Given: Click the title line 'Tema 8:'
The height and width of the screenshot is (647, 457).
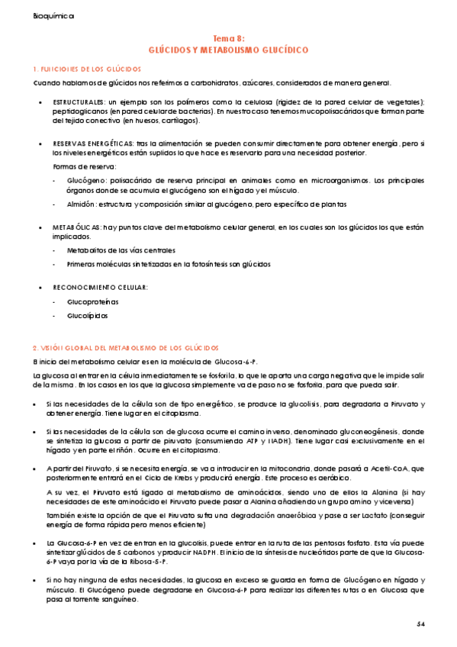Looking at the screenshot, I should tap(228, 37).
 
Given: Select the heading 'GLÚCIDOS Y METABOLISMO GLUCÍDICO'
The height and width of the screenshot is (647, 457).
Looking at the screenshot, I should tap(228, 49).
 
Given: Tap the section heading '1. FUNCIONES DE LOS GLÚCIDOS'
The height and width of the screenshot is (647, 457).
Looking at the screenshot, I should tap(82, 69).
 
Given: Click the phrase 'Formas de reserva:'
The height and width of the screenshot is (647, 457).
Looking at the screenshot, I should tap(84, 166).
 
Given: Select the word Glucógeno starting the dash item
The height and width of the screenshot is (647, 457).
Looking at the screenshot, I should tap(85, 179).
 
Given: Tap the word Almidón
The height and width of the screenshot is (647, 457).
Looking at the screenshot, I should tap(82, 204).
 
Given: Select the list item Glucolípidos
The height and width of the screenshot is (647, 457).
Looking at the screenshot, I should tap(88, 315).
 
